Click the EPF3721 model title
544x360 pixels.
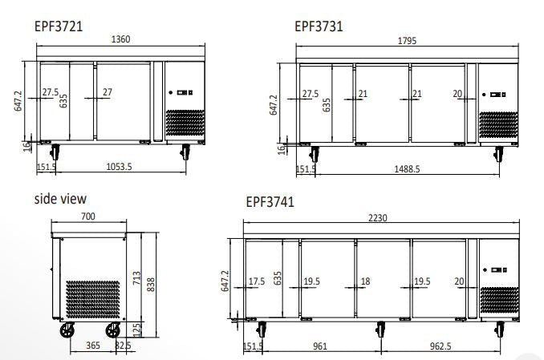coord(59,26)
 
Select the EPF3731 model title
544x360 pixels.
coord(319,26)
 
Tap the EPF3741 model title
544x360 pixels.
coord(270,203)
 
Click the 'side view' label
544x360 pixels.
coord(60,199)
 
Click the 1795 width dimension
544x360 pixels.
coord(408,42)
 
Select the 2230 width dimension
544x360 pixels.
coord(380,218)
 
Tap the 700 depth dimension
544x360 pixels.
coord(89,216)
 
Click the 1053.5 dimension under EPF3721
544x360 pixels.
coord(119,167)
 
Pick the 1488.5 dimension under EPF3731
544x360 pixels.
coord(407,169)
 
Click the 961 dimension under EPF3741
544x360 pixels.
coord(319,346)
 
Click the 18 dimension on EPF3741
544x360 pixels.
coord(365,281)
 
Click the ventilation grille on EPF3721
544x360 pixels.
coord(184,123)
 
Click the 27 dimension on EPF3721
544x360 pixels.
coord(107,93)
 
